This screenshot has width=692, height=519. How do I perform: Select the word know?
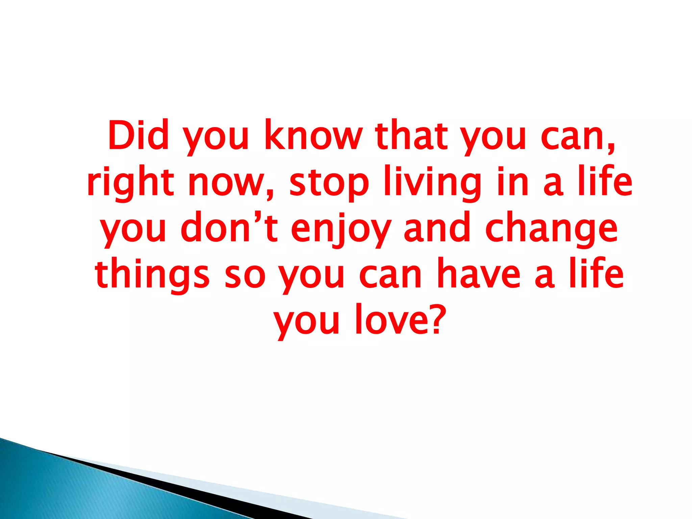click(312, 135)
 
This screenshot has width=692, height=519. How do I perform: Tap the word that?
click(411, 135)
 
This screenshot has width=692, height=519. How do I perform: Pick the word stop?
click(329, 184)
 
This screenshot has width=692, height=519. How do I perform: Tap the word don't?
click(229, 227)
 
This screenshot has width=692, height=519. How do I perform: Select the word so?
click(245, 276)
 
